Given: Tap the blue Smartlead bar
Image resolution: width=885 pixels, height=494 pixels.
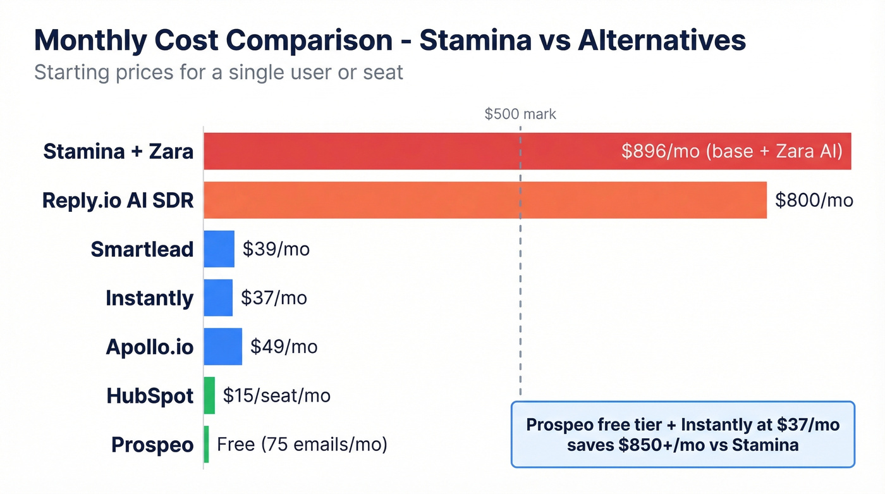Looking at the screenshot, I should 219,249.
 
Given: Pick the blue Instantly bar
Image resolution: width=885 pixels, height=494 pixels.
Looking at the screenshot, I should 218,297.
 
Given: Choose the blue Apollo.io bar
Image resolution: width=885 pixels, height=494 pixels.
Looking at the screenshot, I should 223,347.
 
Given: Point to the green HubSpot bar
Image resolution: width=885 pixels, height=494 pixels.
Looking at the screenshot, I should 209,395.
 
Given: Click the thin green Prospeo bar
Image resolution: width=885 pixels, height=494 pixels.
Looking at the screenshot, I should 206,444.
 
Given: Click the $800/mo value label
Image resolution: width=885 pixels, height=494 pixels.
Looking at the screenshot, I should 814,201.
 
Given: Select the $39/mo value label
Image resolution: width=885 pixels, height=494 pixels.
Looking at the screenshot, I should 276,249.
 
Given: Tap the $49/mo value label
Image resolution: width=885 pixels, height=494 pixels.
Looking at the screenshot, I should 284,347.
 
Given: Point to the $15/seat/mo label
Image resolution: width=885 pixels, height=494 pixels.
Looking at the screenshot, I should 276,395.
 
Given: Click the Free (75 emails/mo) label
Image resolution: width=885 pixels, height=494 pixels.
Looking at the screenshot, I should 302,444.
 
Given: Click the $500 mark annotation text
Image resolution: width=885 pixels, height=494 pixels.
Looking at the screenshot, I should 520,114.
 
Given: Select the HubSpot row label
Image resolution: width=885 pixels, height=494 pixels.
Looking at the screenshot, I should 150,396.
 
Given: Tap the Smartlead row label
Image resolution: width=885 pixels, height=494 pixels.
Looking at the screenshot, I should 142,249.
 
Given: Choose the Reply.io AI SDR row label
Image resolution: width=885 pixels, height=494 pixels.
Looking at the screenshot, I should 118,201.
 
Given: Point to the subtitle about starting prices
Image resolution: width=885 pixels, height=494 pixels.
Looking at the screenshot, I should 219,72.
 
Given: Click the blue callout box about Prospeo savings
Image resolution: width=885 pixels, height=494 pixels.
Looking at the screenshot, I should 683,435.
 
